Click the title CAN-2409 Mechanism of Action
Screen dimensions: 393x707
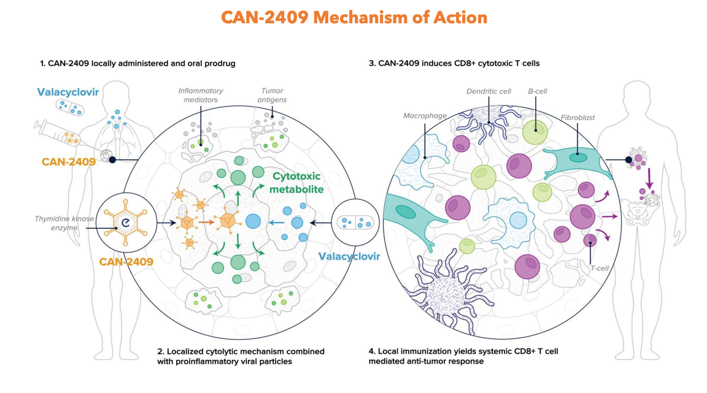pos(354,17)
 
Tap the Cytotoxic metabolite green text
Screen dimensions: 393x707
pos(297,183)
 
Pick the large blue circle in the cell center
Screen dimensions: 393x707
pos(253,222)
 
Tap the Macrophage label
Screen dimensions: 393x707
pos(422,115)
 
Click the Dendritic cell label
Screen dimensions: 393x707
pos(489,91)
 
